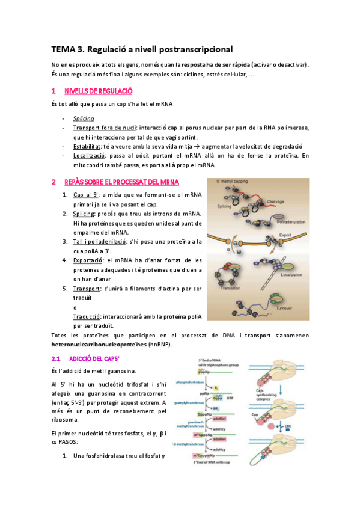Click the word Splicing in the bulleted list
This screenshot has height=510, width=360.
(83, 118)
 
